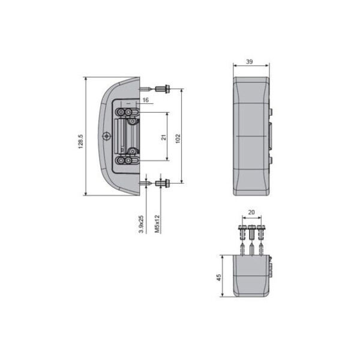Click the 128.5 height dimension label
(x=80, y=142)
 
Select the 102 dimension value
(x=178, y=138)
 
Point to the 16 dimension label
(x=145, y=100)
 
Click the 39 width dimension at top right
(x=251, y=62)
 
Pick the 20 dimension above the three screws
(x=251, y=212)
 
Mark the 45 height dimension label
(x=219, y=277)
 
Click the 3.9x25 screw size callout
(x=140, y=224)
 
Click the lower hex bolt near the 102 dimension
(x=163, y=182)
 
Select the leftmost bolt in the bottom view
(x=242, y=231)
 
